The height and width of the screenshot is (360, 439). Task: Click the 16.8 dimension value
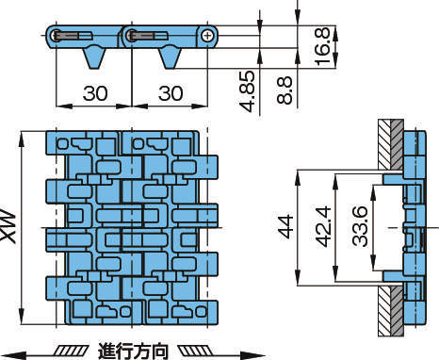[322, 46]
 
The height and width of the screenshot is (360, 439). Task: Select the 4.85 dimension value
[247, 91]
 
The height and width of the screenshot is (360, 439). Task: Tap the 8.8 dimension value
[285, 90]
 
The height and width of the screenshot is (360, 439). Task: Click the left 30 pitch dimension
[95, 93]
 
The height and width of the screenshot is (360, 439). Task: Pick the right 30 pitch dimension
[171, 93]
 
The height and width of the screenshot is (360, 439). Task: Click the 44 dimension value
[286, 227]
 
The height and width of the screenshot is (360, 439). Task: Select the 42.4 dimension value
[323, 226]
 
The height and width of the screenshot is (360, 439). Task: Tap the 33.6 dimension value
[360, 226]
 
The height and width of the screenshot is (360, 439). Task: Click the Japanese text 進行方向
[133, 352]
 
